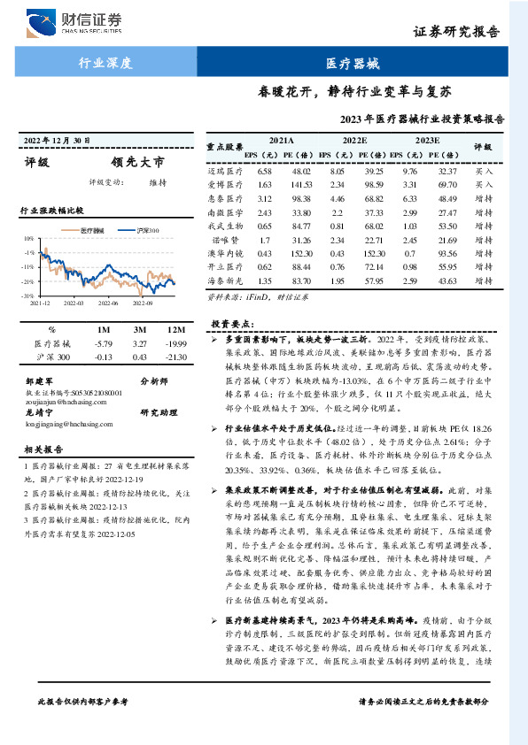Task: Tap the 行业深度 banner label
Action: (105, 62)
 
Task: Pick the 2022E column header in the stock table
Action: (354, 140)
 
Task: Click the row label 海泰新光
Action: (225, 280)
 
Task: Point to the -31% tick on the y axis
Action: (28, 295)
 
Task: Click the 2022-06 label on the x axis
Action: (109, 303)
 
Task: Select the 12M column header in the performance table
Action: (176, 329)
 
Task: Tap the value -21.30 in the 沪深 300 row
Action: (176, 357)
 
